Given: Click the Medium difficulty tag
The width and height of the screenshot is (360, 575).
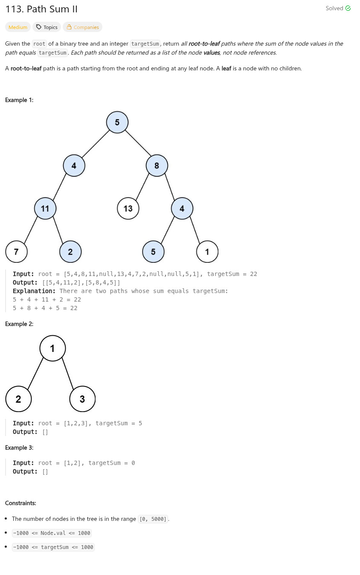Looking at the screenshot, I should tap(18, 27).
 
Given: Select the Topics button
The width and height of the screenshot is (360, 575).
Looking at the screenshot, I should tap(46, 27).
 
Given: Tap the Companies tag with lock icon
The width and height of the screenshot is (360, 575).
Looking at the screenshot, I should tap(83, 27).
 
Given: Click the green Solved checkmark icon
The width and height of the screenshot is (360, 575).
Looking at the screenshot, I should tap(348, 8).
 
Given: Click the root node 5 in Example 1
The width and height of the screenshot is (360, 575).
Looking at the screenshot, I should tap(117, 122).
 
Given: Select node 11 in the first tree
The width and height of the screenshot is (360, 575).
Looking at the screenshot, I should tap(45, 209).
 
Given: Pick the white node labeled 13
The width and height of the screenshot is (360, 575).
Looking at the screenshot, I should tap(128, 209).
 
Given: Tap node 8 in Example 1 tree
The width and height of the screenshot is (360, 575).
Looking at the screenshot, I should tap(157, 166).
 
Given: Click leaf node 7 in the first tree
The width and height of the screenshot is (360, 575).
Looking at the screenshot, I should tap(16, 252).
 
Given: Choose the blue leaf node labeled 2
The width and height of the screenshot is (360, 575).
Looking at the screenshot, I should tap(70, 252).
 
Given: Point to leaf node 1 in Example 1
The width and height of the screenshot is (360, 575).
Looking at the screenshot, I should tap(207, 252).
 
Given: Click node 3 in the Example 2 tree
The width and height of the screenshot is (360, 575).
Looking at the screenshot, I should tap(82, 399).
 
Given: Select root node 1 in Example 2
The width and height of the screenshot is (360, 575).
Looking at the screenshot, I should tap(52, 348).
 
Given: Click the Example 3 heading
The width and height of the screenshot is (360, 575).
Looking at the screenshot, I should tap(19, 447).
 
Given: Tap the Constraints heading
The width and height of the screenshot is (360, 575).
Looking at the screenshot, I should tap(20, 503).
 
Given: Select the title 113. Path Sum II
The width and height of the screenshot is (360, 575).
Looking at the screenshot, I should tap(41, 9).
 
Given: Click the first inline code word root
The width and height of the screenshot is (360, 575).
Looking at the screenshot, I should tap(39, 44).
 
